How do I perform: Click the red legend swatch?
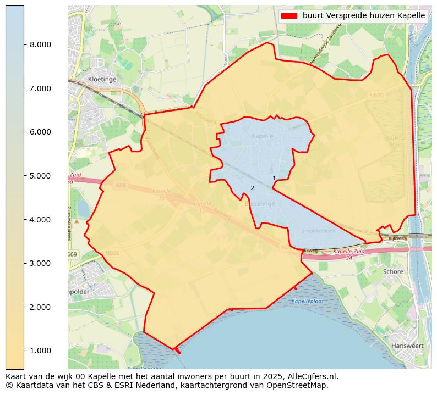coord(289,16)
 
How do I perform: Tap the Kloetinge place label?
coord(102,79)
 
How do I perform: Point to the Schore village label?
coord(393,271)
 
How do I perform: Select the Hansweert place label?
coord(407,346)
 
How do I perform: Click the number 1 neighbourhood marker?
coord(274,178)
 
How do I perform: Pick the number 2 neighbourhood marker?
coord(252,188)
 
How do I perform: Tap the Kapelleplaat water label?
coord(307,301)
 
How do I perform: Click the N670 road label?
coord(376,95)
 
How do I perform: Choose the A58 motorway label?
coord(121,186)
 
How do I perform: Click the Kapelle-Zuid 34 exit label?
coord(349,255)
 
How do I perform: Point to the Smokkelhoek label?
coord(318,231)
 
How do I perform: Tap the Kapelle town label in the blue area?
coord(261,136)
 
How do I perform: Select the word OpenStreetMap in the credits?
coord(299,385)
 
